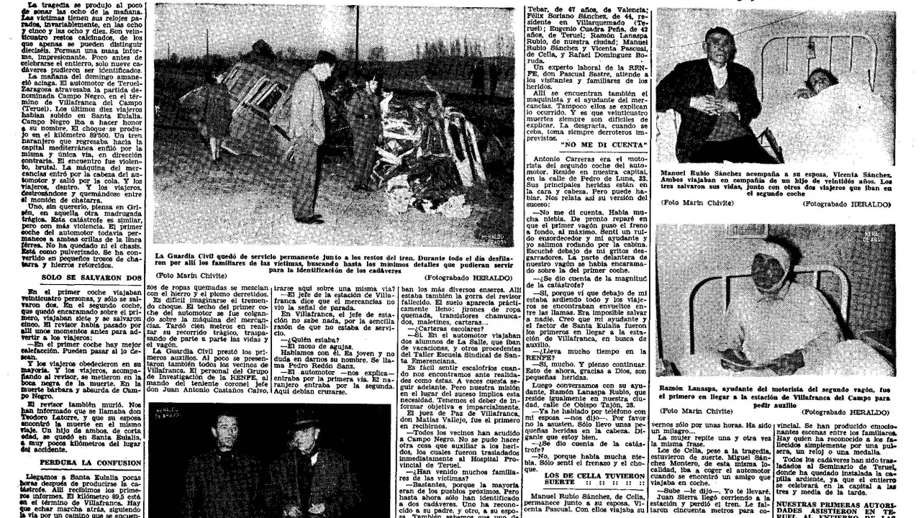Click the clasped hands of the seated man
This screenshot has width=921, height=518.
coord(709,119)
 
